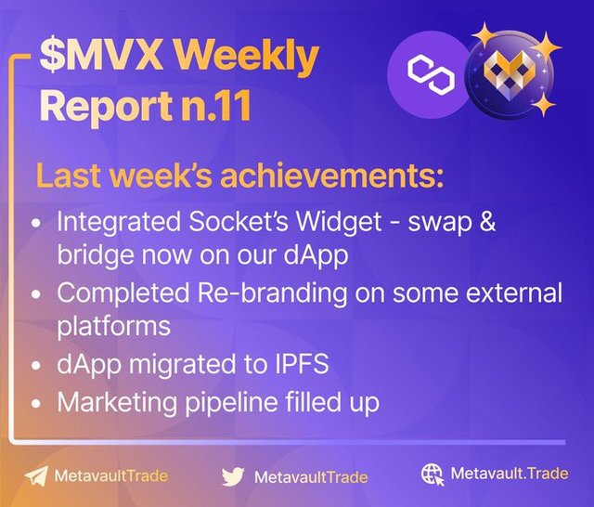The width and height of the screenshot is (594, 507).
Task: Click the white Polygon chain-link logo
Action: [431, 74]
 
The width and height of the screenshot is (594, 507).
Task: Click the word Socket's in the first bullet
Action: [239, 222]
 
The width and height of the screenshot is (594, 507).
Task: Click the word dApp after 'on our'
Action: [316, 255]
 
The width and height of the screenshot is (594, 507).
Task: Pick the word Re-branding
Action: [272, 293]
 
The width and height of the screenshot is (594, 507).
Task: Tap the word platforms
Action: [113, 327]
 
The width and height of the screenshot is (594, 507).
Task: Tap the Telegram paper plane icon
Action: [36, 476]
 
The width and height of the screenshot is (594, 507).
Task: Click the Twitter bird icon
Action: [233, 476]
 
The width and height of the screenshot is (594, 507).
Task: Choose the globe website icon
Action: [433, 474]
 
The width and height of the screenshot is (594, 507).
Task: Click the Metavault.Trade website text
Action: [510, 474]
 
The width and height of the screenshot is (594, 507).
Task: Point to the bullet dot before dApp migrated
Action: [36, 366]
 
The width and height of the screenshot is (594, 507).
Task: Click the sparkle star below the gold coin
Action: [543, 104]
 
